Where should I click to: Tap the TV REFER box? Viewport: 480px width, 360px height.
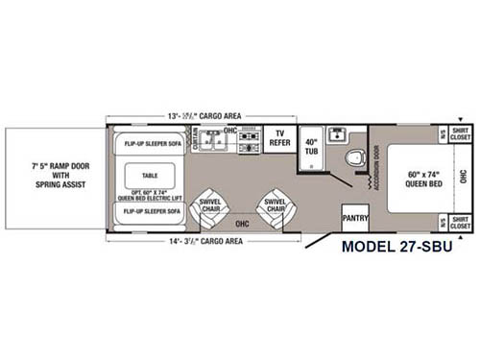(x=280, y=138)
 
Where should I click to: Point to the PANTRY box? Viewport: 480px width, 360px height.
(x=355, y=218)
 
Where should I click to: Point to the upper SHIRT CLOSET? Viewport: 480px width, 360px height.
(x=460, y=134)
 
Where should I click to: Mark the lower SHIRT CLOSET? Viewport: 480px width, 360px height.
(x=460, y=223)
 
